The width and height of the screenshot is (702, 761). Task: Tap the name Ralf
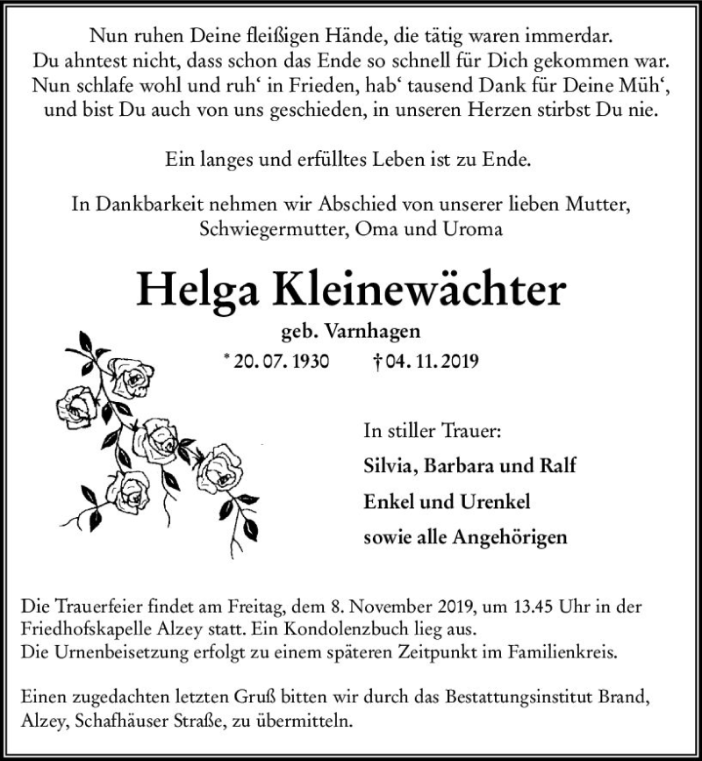[555, 466]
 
